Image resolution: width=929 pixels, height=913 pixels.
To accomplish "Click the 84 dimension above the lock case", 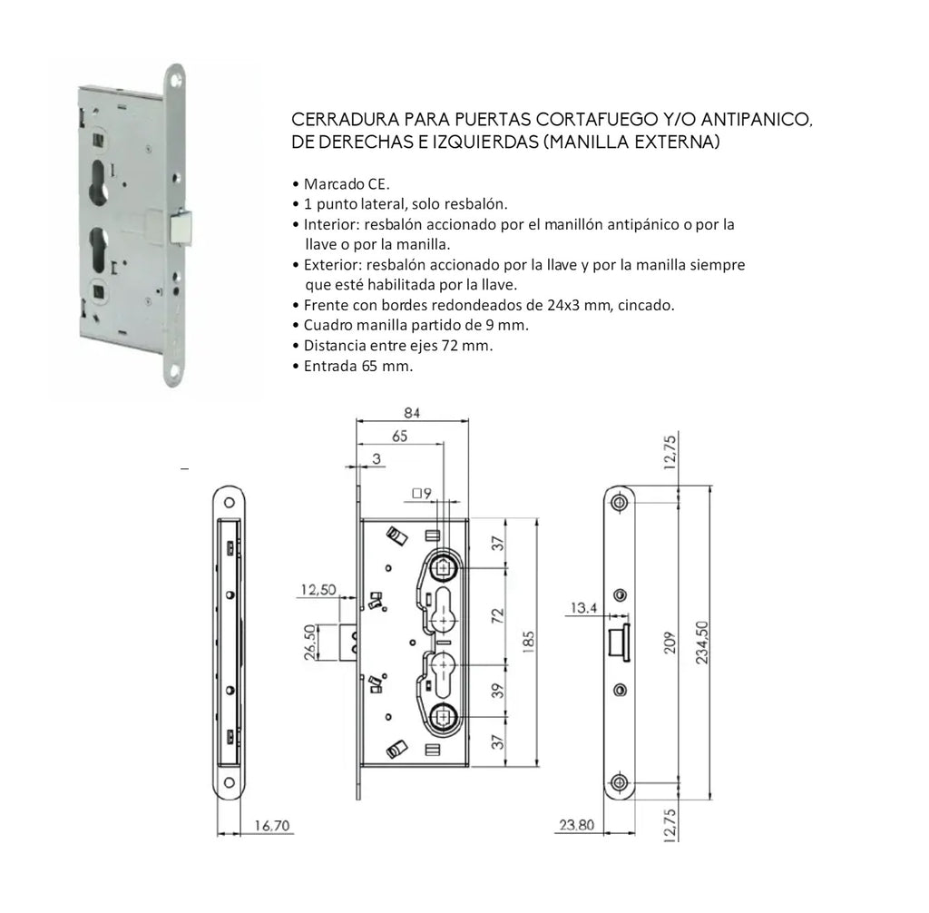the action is (412, 413).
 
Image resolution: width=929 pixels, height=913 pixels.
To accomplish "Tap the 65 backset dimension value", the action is (400, 437).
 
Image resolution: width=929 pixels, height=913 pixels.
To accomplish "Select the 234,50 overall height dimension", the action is (702, 642).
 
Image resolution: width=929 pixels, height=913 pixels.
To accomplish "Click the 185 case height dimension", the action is (528, 642).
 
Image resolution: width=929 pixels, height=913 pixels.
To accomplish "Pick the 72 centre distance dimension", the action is (498, 615).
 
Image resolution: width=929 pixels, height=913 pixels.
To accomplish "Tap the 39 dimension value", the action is (498, 691).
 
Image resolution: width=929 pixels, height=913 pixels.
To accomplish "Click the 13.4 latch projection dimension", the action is (583, 608).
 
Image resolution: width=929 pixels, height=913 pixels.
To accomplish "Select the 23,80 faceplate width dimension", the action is (576, 825).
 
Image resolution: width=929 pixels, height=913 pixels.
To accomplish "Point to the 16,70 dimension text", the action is (272, 825).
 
